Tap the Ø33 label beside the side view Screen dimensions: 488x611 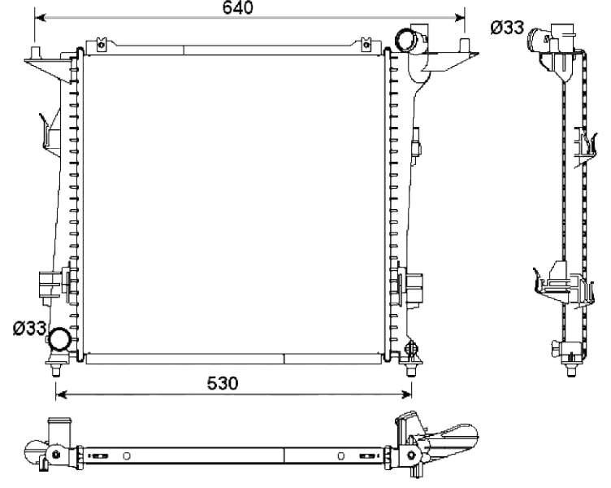[x=506, y=28]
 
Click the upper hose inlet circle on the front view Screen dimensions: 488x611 [x=405, y=38]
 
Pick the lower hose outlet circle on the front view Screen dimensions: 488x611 [x=59, y=338]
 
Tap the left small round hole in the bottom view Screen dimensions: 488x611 [x=126, y=455]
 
